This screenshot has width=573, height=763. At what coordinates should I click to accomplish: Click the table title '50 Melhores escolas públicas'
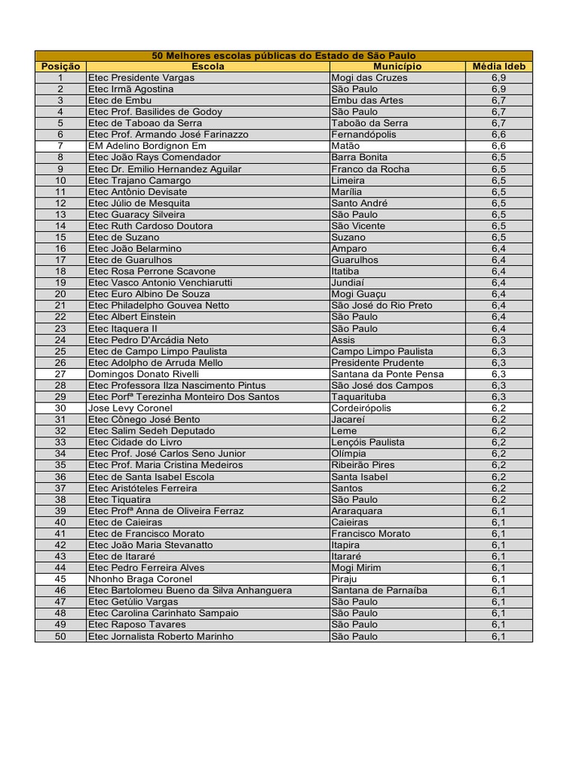(284, 56)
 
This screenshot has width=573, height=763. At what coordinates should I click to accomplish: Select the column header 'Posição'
(60, 66)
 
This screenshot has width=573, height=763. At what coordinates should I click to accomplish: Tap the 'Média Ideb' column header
(498, 66)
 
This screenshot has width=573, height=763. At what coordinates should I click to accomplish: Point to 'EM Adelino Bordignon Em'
(147, 146)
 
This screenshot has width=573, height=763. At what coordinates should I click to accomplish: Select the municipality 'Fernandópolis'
(363, 135)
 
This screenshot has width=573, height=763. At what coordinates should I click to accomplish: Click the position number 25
(60, 351)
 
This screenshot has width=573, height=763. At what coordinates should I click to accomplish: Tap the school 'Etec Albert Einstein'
(132, 317)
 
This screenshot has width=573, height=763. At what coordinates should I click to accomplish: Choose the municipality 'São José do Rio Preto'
(382, 305)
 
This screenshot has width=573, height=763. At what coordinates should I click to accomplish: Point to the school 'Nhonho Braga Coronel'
(140, 579)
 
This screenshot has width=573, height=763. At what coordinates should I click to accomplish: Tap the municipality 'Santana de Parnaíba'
(379, 590)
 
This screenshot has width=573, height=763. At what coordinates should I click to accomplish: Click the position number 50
(60, 636)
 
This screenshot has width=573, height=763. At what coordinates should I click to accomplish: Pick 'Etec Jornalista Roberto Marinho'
(160, 636)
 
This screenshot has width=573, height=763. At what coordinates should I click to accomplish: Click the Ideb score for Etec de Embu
(498, 101)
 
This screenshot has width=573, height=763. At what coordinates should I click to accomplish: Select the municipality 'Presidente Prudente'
(378, 363)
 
